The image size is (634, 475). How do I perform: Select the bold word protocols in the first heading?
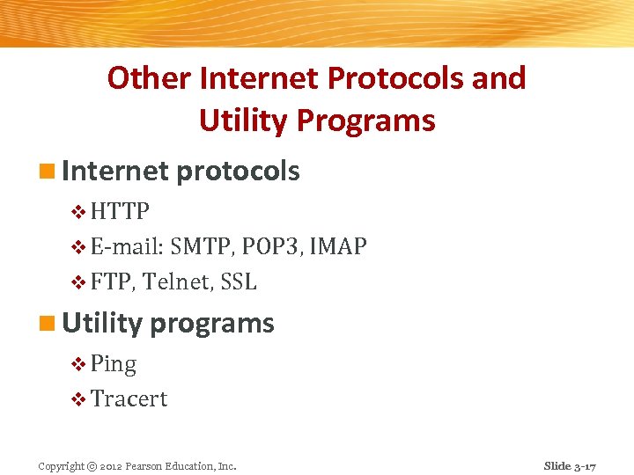(x=238, y=172)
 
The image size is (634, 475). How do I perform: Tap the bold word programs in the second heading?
(x=212, y=324)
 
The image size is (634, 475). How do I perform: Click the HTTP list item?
(x=120, y=212)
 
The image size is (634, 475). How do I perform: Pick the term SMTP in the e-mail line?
(x=200, y=247)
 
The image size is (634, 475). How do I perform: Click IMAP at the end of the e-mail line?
(x=339, y=247)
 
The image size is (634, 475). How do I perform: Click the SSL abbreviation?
(x=239, y=282)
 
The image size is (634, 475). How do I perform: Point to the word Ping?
(x=114, y=364)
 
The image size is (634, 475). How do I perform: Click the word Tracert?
(x=129, y=399)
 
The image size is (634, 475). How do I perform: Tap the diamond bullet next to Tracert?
(x=78, y=400)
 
